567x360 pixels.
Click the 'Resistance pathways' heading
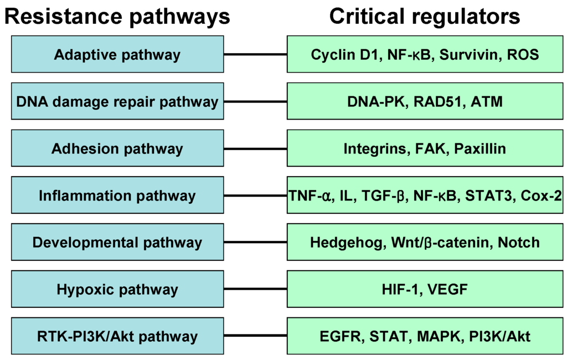[117, 16]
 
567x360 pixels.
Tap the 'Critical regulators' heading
[425, 16]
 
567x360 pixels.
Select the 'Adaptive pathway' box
[117, 54]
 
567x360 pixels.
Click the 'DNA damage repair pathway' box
[117, 101]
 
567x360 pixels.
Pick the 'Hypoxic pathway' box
[117, 289]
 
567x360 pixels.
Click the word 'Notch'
[518, 243]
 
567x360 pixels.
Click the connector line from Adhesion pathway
[255, 148]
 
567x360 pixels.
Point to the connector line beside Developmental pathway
[255, 243]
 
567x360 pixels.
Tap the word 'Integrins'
[369, 148]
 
